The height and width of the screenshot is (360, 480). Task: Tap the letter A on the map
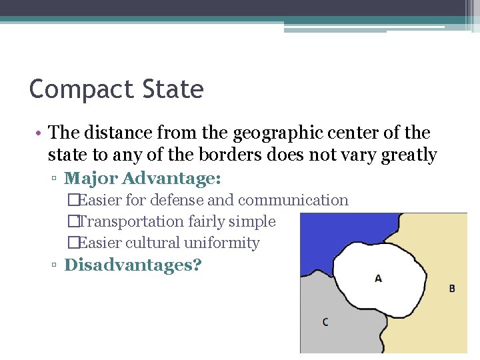click(x=378, y=278)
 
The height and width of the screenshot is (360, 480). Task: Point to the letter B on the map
click(x=452, y=288)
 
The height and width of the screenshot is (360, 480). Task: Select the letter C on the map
click(x=325, y=322)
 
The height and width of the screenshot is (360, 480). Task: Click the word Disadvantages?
click(x=133, y=265)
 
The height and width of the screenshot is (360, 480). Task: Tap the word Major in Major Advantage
click(x=91, y=179)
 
